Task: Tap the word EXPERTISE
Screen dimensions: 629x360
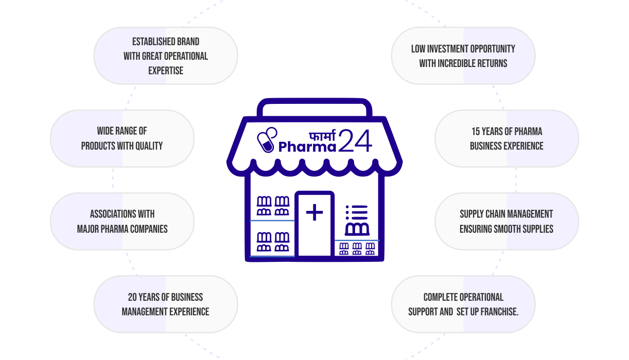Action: pos(166,71)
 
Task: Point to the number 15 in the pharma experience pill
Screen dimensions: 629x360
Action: pos(476,131)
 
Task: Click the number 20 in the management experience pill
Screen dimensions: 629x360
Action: pos(133,297)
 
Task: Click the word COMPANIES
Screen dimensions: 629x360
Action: pos(149,229)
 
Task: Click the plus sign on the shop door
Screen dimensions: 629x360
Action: pos(314,212)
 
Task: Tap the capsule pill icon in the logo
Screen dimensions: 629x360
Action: pos(267,140)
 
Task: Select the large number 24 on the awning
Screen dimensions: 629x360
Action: pos(355,141)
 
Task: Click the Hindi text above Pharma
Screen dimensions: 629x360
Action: pos(322,135)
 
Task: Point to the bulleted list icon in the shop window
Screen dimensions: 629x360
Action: pos(357,212)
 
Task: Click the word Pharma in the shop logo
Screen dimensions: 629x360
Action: pos(307,146)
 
